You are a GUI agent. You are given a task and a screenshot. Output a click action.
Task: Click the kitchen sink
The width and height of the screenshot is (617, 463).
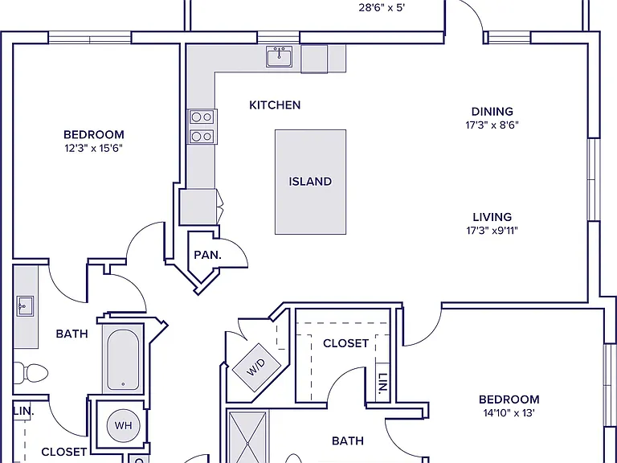click(279, 57)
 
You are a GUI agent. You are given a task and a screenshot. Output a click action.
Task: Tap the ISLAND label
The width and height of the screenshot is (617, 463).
click(310, 182)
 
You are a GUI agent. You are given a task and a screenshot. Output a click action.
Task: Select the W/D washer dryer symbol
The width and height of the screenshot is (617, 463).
click(256, 367)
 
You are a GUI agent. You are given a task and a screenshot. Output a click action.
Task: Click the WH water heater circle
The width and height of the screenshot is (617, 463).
click(123, 425)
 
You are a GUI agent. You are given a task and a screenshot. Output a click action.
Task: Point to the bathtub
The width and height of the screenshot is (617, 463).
click(123, 359)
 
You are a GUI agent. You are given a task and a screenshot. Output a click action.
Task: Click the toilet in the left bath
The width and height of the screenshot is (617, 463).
click(31, 373)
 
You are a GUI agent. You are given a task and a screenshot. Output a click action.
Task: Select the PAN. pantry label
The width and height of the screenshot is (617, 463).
click(208, 255)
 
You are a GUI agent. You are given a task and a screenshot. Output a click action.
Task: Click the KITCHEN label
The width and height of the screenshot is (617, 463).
click(275, 105)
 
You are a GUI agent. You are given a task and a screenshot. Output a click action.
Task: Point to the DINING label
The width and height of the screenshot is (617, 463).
click(492, 112)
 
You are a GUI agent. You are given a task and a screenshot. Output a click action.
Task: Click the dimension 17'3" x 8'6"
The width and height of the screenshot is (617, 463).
click(492, 125)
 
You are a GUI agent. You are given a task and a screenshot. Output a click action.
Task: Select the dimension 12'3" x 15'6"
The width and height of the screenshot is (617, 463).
click(94, 149)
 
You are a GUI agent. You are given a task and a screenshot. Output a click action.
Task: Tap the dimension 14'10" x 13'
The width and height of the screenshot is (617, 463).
click(509, 413)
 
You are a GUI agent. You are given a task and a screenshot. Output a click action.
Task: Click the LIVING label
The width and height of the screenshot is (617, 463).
click(492, 217)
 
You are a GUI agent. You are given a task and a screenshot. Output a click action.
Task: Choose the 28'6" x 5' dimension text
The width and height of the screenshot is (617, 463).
click(382, 8)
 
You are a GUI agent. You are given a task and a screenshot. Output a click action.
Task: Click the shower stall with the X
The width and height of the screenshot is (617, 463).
click(247, 437)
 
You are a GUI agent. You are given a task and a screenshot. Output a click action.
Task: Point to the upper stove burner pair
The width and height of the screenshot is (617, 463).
click(202, 117)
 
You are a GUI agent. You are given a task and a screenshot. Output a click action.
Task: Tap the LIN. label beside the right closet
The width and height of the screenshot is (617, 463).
click(382, 383)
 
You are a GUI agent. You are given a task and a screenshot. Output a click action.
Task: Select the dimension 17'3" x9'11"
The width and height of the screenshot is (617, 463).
click(492, 231)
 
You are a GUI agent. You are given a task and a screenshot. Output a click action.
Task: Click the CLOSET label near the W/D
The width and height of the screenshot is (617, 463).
click(346, 343)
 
